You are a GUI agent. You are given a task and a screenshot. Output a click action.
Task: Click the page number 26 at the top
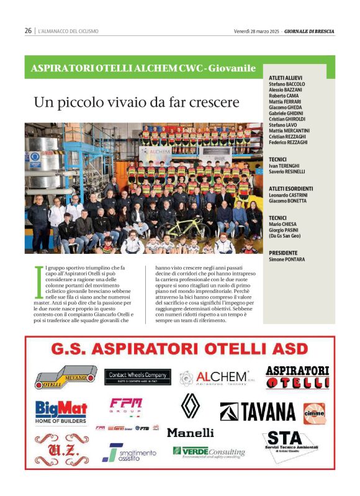(28, 30)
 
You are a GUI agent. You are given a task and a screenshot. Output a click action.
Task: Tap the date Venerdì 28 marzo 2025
(257, 30)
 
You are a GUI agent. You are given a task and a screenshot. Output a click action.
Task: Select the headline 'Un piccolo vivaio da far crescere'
(136, 101)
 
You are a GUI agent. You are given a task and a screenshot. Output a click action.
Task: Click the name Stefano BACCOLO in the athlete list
(287, 84)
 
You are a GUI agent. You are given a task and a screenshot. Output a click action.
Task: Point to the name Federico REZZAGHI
(289, 142)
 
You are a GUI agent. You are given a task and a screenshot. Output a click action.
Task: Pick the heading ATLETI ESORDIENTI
(290, 188)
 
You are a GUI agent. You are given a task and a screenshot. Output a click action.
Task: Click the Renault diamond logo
(190, 405)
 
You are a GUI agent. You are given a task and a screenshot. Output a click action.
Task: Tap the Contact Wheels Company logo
(138, 376)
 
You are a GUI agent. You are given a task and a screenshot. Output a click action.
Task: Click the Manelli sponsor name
(190, 432)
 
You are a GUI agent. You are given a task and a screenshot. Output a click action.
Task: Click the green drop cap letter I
(40, 274)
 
